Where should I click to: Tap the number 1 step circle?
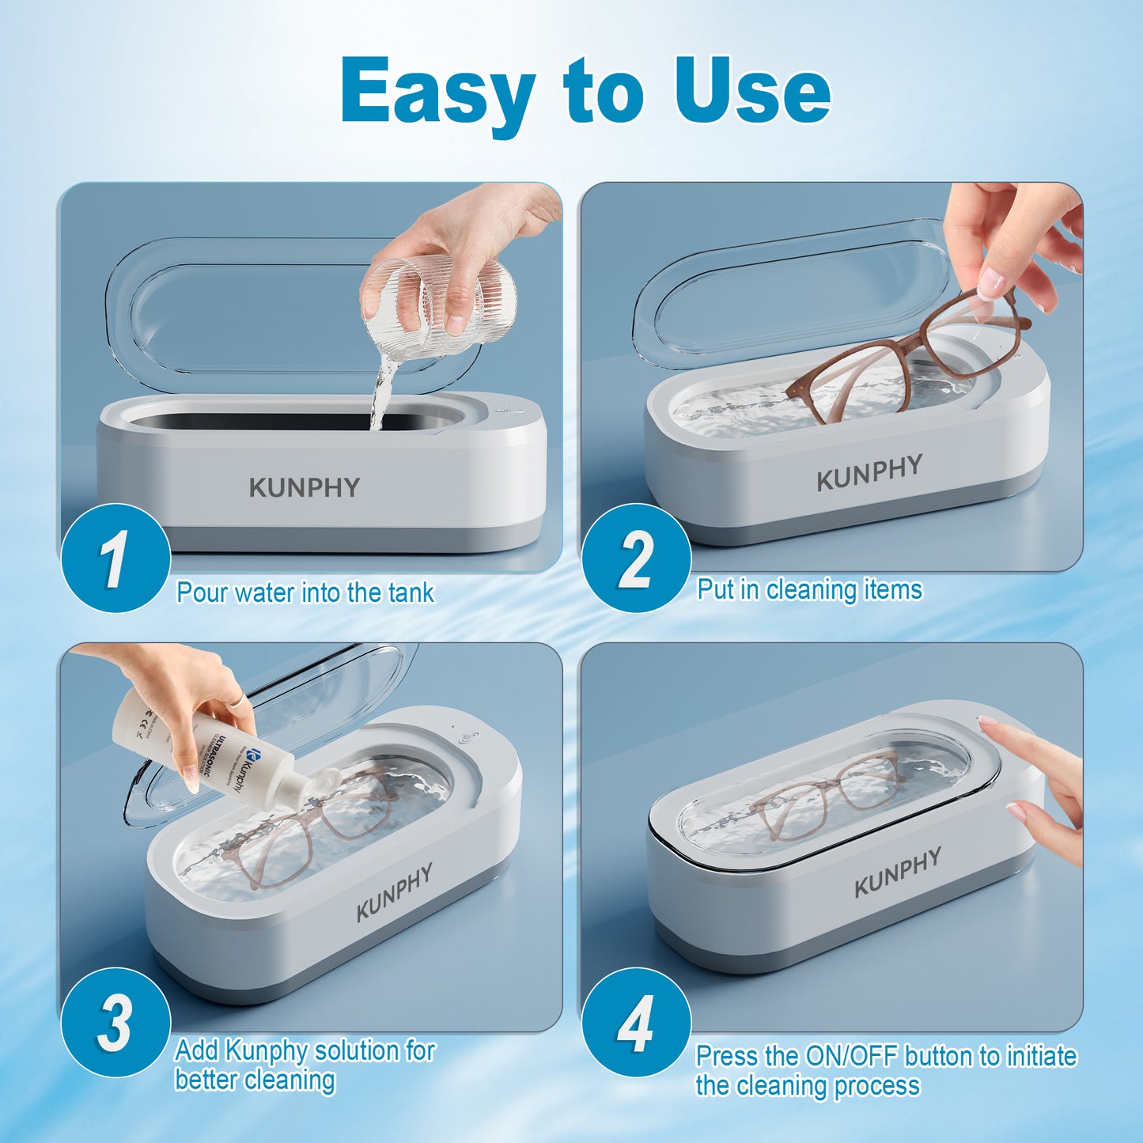(x=115, y=558)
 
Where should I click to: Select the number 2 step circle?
(x=636, y=558)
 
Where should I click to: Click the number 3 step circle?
(x=115, y=1022)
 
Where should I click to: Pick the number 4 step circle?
(x=636, y=1022)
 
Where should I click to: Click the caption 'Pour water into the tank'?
(x=305, y=592)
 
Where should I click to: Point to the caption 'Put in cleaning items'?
(x=809, y=590)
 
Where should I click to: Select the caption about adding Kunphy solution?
(x=305, y=1065)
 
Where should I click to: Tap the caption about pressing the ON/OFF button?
(x=886, y=1070)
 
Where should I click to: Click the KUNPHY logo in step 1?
(x=305, y=487)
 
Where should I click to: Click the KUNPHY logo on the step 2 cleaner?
(x=869, y=472)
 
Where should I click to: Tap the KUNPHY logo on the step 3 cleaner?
(x=394, y=892)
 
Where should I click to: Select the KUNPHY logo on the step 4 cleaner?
(x=898, y=872)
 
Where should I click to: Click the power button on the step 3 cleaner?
(x=466, y=740)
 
